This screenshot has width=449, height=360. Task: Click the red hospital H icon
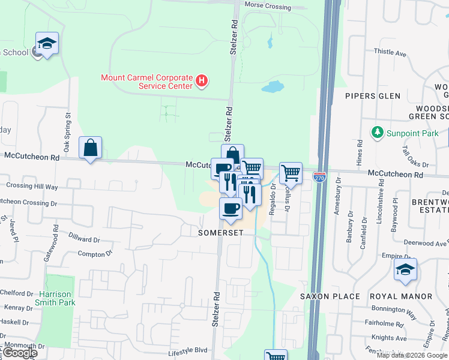202,80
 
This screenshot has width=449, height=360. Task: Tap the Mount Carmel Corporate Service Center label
146,82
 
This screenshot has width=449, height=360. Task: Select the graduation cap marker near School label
47,44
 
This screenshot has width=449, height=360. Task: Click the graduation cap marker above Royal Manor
405,270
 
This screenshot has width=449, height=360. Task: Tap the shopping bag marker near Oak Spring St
90,148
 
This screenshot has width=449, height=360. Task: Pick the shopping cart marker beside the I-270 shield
291,173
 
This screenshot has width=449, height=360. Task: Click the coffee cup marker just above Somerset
231,209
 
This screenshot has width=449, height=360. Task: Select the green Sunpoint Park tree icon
378,132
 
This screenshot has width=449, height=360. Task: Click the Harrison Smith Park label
55,298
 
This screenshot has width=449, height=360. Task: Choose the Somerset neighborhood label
220,232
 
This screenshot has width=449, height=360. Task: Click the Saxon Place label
330,296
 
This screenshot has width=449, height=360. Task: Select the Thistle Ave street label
390,53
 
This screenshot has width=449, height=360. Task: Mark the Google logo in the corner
19,353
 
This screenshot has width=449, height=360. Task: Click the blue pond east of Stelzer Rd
273,87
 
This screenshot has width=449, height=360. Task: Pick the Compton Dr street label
95,254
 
